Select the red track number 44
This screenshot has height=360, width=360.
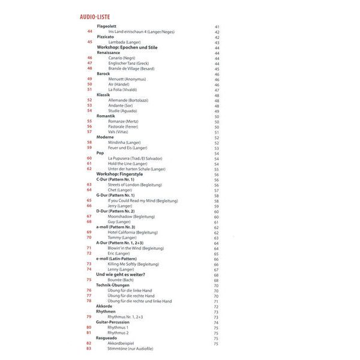coord(89,32)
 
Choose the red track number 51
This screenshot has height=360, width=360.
coord(89,89)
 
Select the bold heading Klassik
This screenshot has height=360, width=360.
coord(103,95)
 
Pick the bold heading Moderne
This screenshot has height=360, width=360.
coord(105,137)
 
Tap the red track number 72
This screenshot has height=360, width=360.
coord(89,253)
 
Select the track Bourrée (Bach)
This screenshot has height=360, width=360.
coord(121,280)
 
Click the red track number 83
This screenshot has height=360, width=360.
coord(89,348)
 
